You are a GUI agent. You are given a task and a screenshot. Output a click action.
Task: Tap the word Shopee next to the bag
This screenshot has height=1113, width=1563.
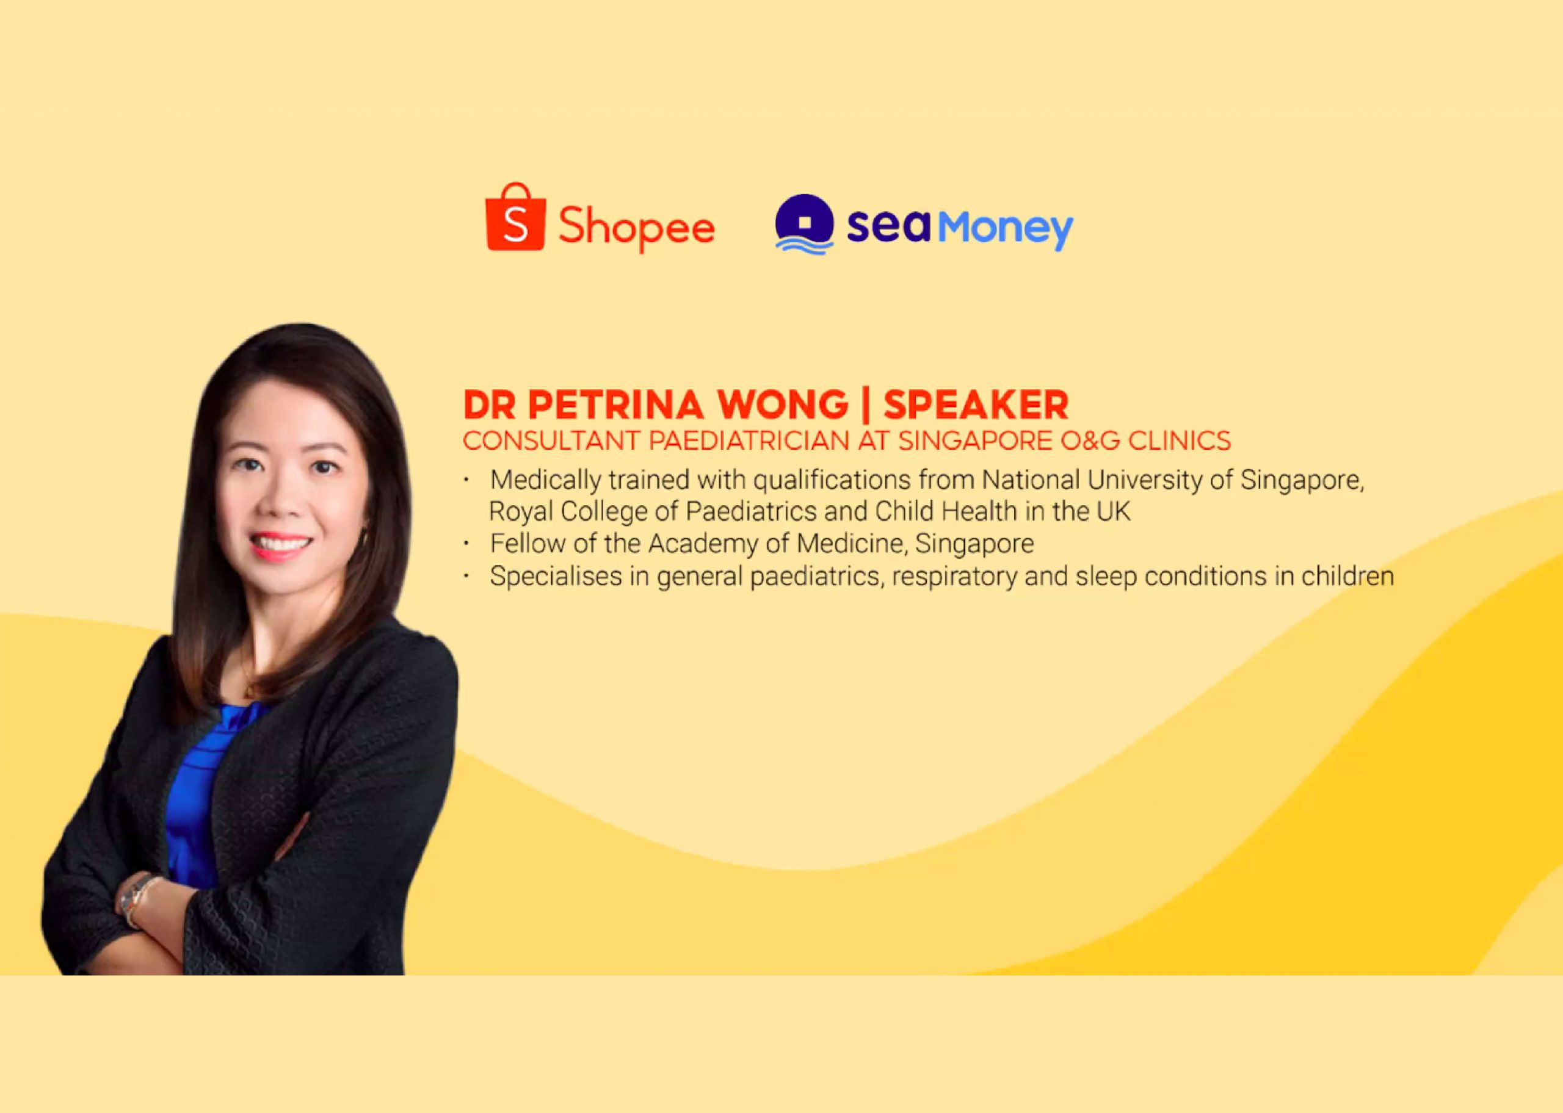636,228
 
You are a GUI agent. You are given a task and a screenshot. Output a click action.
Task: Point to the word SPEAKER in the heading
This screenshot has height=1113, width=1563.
976,405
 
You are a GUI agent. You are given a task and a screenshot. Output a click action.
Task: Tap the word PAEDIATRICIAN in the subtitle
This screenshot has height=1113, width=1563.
749,441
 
